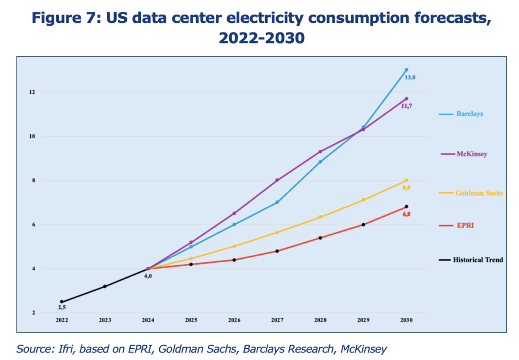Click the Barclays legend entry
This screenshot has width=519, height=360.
[x=469, y=114]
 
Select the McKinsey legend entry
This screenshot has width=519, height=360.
[x=471, y=154]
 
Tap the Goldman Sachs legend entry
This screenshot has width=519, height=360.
[x=479, y=193]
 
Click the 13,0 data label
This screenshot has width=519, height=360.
[x=410, y=78]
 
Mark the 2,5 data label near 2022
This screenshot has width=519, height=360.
[x=62, y=308]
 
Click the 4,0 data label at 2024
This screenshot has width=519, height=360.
[x=148, y=276]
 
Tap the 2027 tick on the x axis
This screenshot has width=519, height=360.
[x=277, y=320]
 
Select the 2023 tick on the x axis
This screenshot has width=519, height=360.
[x=104, y=320]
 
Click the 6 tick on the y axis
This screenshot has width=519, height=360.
[x=33, y=225]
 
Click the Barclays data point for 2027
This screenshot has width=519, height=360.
[x=277, y=202]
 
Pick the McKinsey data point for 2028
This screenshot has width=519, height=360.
[x=320, y=152]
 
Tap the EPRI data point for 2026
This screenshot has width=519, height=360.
[x=234, y=260]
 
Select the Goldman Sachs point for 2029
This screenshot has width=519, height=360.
[x=363, y=200]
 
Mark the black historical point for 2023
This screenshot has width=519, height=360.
[x=105, y=286]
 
